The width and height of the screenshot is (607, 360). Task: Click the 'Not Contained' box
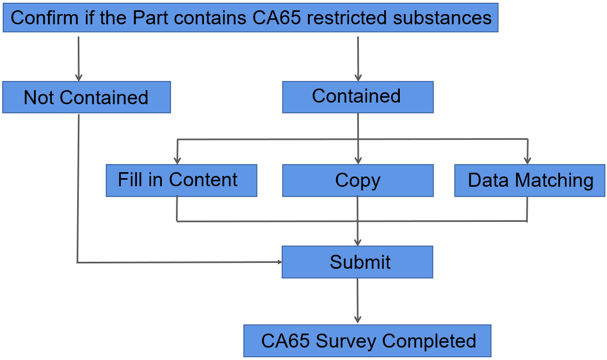(x=87, y=97)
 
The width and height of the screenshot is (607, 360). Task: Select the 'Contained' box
(x=358, y=97)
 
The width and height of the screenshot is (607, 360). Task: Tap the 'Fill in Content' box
(x=181, y=180)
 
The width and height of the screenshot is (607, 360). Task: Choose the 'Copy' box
(x=358, y=180)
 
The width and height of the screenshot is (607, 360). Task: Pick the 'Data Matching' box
(x=530, y=180)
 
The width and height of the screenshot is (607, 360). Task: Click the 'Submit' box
(x=357, y=262)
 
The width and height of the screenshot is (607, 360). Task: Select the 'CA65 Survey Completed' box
(x=367, y=341)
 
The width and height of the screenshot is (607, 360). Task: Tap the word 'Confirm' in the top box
(x=45, y=18)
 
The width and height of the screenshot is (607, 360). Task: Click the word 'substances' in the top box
(x=442, y=18)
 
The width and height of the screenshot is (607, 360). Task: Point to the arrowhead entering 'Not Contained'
(x=79, y=78)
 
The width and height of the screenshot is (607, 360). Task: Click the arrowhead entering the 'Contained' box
(x=358, y=78)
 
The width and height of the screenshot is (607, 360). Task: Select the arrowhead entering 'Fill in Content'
(x=178, y=161)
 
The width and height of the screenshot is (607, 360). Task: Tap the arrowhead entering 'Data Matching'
(x=527, y=161)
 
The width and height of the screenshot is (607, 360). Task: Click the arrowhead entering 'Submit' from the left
(x=279, y=262)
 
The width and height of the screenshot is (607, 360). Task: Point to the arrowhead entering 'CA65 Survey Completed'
(x=358, y=320)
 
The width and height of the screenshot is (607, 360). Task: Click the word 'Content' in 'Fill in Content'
(x=203, y=180)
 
